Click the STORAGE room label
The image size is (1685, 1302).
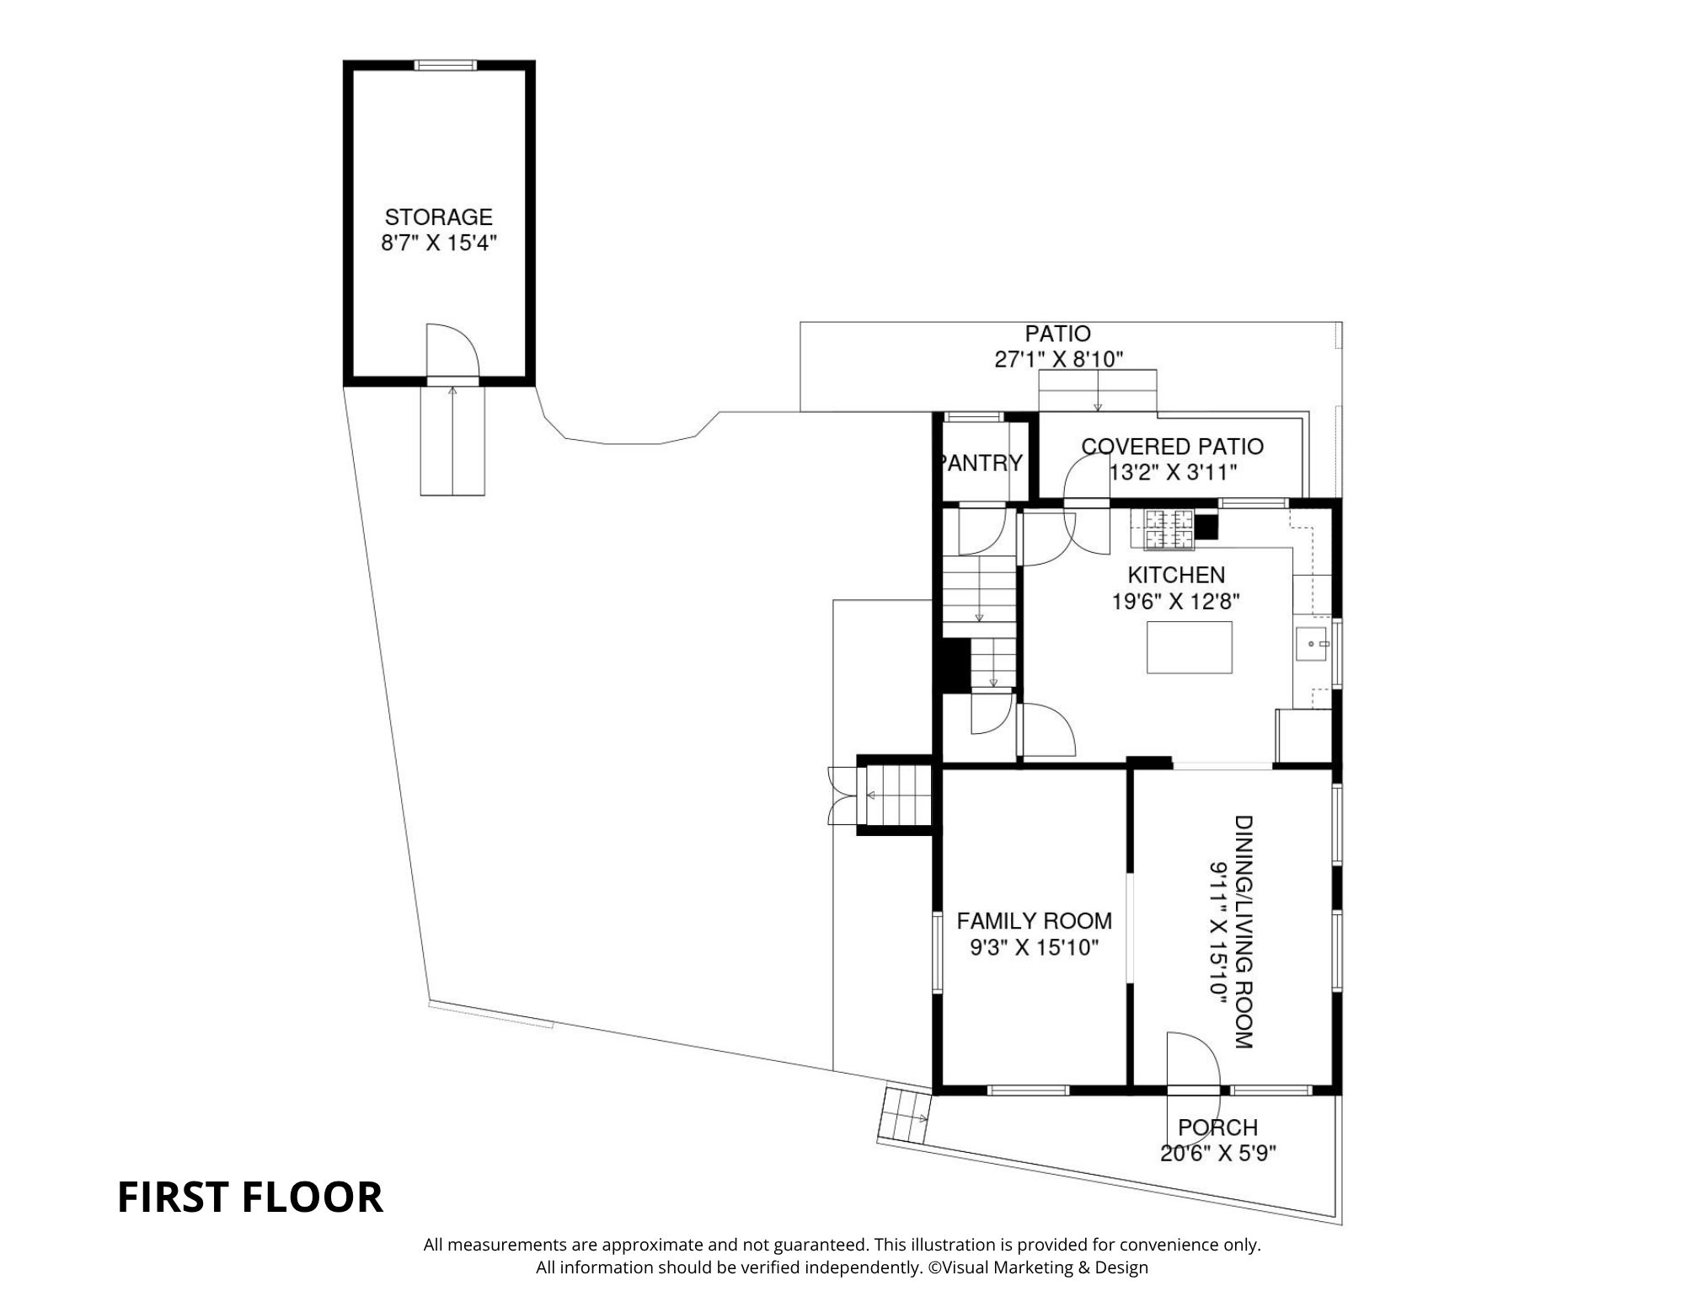click(x=438, y=217)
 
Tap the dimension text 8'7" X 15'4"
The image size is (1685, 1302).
click(x=438, y=244)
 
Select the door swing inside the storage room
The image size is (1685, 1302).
click(x=452, y=350)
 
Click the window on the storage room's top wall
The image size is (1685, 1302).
click(x=445, y=65)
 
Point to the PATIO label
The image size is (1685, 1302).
click(x=1057, y=334)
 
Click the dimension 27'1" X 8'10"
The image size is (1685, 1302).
click(x=1059, y=360)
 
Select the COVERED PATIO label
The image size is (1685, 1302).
click(x=1172, y=447)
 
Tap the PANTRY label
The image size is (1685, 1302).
click(x=982, y=463)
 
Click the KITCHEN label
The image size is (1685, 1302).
click(x=1176, y=575)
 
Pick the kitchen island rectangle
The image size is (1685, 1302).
click(x=1189, y=647)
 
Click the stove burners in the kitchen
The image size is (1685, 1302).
click(x=1168, y=529)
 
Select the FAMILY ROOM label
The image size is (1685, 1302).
click(x=1034, y=921)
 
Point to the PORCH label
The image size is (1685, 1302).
click(x=1217, y=1128)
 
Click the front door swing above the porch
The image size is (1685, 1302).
click(x=1191, y=1062)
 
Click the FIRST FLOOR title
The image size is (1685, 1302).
click(x=250, y=1197)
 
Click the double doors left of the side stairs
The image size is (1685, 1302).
click(x=842, y=796)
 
